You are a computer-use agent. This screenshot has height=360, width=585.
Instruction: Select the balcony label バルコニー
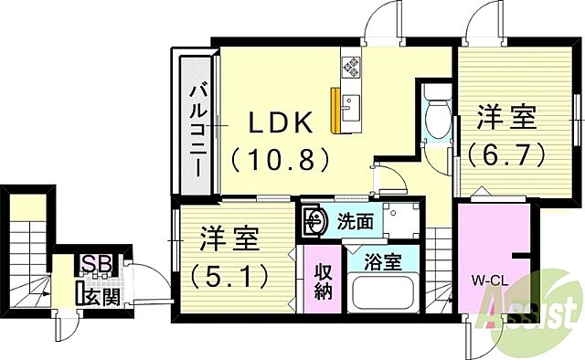pos(197,129)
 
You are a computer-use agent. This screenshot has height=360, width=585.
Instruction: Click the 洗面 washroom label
pos(356,220)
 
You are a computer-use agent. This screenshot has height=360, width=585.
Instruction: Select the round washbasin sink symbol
pos(316,220)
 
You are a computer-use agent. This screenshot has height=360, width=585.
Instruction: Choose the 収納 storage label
pos(324,282)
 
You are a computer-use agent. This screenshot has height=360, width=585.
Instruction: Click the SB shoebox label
pos(92,264)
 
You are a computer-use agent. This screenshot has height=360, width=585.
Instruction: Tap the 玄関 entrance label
pos(102,294)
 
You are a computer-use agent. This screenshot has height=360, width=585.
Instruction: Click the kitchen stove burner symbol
pos(351,65)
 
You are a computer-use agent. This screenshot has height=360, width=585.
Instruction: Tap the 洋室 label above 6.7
pos(507,117)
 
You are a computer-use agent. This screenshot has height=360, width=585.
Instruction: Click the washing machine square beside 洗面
pos(399,219)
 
